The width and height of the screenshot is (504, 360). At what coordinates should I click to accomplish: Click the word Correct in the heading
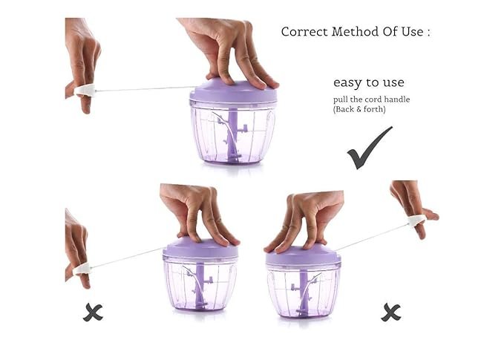(304, 32)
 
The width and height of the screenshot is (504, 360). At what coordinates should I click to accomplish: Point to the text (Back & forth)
(359, 109)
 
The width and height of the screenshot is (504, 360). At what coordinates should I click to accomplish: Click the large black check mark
(370, 148)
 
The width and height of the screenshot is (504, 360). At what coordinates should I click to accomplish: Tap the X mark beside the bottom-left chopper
(93, 312)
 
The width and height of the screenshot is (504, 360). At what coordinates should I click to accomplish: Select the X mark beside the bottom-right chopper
(391, 312)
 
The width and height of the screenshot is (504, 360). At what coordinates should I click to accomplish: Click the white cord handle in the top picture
(85, 91)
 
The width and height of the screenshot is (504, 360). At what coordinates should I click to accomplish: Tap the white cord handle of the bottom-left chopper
(82, 269)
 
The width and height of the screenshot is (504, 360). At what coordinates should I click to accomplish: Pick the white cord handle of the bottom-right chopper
(417, 220)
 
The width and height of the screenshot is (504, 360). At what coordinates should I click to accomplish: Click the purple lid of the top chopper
(233, 91)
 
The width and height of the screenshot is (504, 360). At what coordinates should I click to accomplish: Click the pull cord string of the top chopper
(145, 89)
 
